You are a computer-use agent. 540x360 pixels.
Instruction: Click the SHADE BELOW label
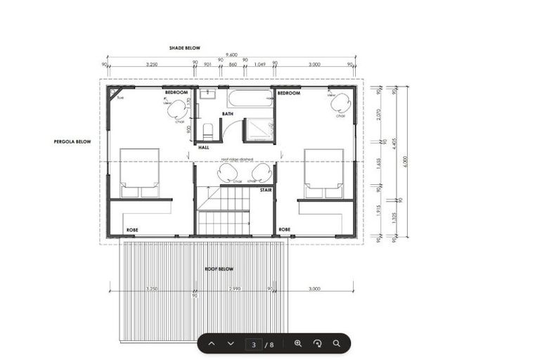pos(184,48)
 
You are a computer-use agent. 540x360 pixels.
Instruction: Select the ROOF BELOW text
pos(219,269)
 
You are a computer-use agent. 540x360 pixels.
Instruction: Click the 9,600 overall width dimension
pos(231,56)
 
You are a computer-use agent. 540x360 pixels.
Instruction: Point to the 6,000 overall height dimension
pos(404,161)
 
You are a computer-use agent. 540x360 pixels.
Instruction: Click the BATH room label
pos(228,113)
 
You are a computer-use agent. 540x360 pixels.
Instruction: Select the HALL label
pos(204,148)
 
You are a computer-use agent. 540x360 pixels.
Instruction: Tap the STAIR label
pos(266,190)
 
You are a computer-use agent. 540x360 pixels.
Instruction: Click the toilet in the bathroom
pos(207,131)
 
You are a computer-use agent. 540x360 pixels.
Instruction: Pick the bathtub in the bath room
pos(250,98)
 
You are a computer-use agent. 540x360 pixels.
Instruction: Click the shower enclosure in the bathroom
pos(257,130)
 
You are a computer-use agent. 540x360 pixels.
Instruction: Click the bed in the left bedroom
pos(139,172)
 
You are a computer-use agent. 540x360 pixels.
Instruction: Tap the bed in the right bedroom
pos(323,172)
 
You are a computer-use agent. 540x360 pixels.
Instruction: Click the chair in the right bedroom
pos(340,104)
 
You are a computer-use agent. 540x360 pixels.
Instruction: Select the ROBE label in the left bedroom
pos(132,230)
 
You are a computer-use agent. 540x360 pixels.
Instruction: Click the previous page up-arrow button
pos(211,344)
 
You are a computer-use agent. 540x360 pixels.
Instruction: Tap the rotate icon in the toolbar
pos(317,344)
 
